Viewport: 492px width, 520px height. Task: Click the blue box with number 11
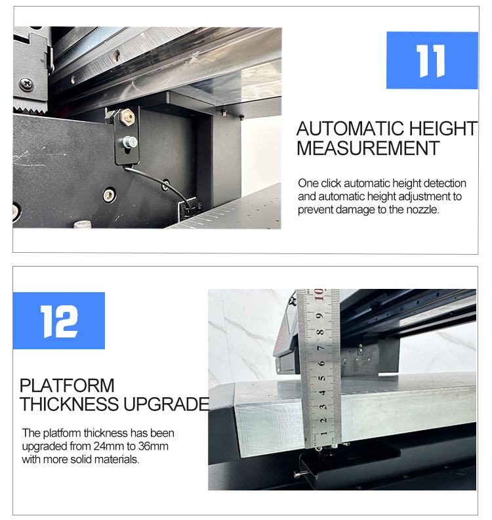[432, 60]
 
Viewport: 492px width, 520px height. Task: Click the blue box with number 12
[59, 320]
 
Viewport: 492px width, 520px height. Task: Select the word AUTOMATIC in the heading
[350, 129]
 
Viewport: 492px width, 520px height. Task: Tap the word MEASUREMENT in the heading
[368, 148]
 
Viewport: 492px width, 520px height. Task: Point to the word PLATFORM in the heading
[67, 385]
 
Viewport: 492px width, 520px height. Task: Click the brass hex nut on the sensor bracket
[128, 118]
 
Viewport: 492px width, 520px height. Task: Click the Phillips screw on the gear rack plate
[26, 83]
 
